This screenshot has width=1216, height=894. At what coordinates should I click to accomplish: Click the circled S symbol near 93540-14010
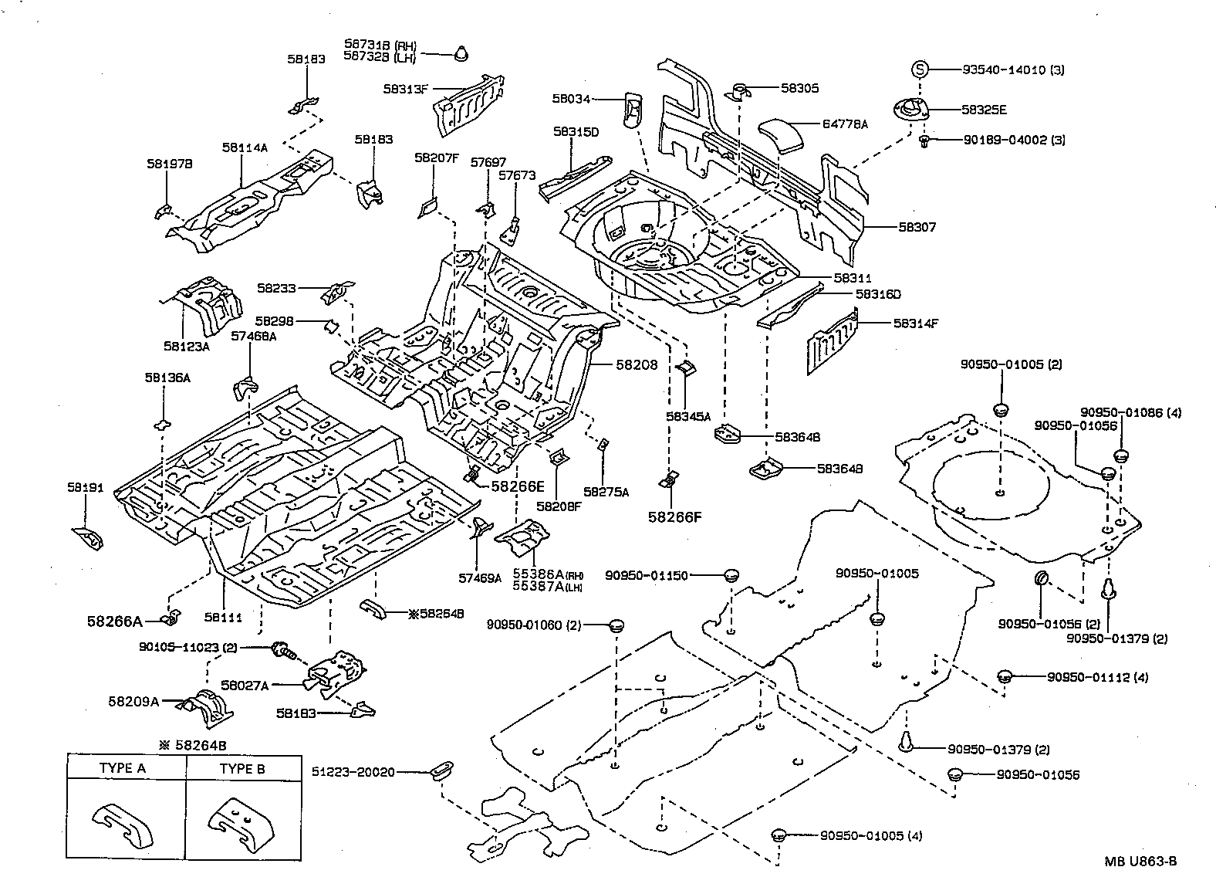coord(919,69)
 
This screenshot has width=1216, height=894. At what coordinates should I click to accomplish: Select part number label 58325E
coord(984,110)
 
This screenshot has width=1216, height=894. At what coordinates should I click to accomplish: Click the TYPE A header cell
coord(127,768)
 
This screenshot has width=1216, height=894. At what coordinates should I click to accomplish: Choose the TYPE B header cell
coord(242,768)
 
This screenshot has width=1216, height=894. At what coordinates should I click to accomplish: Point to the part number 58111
coord(223,617)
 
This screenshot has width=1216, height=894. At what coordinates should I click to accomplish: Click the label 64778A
coord(845,124)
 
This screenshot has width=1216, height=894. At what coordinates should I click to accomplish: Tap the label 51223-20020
coord(353,771)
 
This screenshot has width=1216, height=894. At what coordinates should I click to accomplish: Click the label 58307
coord(917,227)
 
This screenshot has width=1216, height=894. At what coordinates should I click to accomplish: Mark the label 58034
coord(571,98)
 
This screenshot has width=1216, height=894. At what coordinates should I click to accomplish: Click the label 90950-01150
coord(646,575)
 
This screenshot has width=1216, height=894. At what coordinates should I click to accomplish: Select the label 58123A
coord(186,347)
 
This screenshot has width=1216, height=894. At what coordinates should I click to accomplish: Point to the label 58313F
coord(405,89)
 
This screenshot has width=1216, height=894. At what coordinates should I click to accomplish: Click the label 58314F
coord(916,323)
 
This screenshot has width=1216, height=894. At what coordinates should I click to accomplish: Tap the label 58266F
coord(674,516)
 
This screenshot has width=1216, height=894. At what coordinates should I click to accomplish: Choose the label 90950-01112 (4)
coord(1098,677)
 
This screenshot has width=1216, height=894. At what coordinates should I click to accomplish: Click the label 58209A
coord(133,702)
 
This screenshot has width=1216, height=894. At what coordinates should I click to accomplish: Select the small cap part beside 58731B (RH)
coord(461,53)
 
